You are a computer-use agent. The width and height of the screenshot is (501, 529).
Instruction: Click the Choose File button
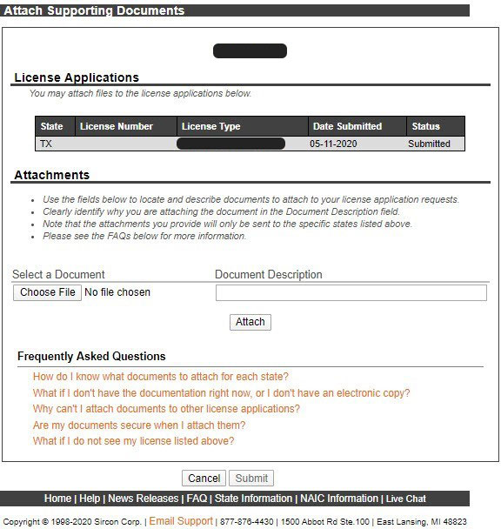pos(48,292)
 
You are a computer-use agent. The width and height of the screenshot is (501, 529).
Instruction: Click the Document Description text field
pos(351,293)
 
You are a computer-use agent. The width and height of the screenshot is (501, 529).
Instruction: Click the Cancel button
pos(204,479)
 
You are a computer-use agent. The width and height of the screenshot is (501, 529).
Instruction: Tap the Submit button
pos(251,479)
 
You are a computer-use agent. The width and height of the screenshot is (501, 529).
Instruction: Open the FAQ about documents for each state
pos(160,377)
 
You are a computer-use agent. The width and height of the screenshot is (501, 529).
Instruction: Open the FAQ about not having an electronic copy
pos(221,393)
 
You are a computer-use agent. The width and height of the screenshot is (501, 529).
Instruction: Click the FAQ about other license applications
pos(166,409)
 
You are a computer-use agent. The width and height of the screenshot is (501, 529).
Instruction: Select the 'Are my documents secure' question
pos(139,425)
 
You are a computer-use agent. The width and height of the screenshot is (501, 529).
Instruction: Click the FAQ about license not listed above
pos(133,441)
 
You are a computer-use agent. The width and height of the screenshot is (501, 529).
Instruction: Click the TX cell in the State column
pos(47,144)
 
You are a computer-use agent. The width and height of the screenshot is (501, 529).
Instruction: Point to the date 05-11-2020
pos(333,144)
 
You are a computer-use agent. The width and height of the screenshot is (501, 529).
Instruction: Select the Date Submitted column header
pos(347,126)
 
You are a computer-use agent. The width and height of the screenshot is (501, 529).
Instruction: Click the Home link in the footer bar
pos(57,499)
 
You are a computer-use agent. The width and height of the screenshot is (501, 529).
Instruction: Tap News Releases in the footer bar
pos(144,499)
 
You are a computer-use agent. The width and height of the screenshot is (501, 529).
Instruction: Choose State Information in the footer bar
pos(253,499)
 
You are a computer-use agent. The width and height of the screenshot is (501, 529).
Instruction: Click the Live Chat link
pos(406,499)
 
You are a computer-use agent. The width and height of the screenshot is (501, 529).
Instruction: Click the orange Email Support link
pos(181,521)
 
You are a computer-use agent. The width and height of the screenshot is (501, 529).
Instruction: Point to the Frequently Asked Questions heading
pos(91,356)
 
